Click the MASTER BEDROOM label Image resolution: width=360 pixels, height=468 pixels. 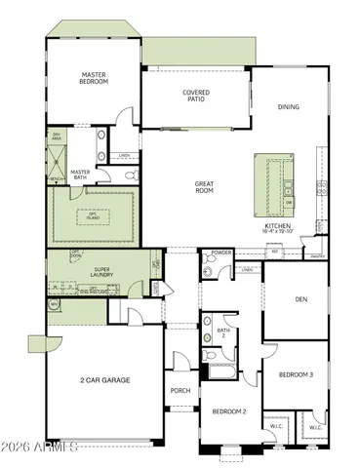pos(94,77)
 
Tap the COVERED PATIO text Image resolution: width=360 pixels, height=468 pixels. pos(196,97)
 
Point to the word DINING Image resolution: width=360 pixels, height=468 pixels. pos(289,107)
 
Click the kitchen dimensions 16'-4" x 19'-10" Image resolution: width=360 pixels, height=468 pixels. pos(278,232)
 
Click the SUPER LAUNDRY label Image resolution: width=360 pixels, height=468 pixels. pos(107,273)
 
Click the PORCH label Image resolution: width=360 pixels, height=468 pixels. pos(180,391)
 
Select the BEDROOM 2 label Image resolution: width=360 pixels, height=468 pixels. pos(230,411)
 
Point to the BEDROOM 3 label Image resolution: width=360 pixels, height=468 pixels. pos(296,374)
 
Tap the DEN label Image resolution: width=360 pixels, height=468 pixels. pos(301,299)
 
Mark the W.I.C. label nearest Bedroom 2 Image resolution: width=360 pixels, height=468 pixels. pos(276,426)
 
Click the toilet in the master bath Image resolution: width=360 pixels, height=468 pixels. pos(130,175)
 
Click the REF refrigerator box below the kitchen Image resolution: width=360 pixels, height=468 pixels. pos(275,252)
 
